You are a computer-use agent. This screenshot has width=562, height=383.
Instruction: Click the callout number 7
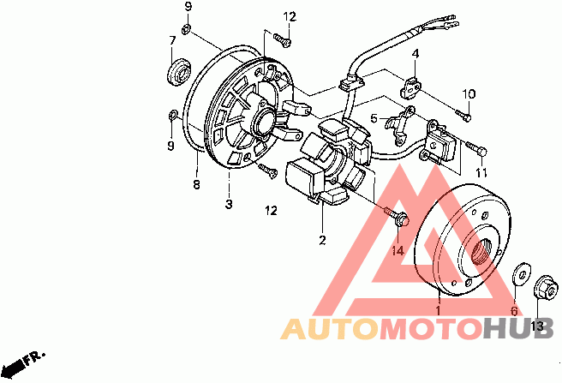[x=172, y=40]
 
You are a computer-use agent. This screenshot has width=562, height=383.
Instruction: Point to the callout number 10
[x=469, y=93]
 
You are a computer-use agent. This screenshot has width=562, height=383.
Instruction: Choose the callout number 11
[x=481, y=173]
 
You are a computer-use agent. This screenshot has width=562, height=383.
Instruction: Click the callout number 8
[x=195, y=183]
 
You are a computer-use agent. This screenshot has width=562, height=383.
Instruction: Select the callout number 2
[x=323, y=240]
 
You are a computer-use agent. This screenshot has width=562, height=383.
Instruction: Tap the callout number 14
[x=397, y=250]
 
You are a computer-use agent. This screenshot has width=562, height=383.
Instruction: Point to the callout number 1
[x=438, y=311]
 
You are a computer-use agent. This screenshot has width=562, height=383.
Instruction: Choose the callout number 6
[x=515, y=311]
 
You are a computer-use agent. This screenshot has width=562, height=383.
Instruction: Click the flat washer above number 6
[x=518, y=276]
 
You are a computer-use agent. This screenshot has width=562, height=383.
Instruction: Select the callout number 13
[x=537, y=326]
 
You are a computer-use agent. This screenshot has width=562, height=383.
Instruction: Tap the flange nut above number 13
[x=542, y=286]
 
